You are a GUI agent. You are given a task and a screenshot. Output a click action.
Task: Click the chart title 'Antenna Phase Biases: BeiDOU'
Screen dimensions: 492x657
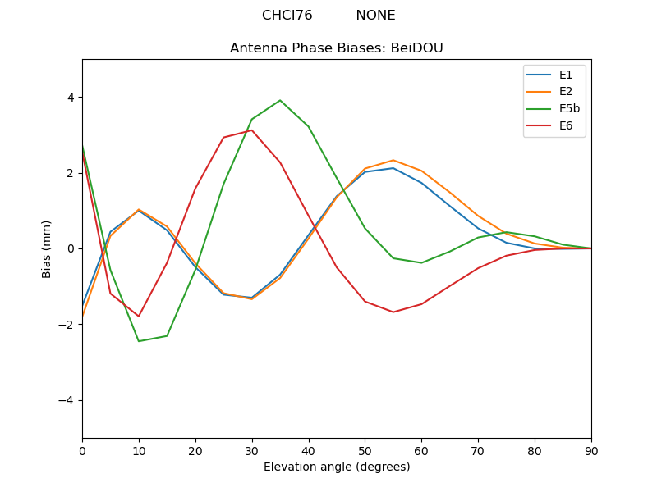336,48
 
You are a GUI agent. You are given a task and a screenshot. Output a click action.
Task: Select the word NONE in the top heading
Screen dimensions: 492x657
375,16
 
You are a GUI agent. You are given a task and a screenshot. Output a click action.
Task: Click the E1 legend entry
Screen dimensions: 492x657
565,75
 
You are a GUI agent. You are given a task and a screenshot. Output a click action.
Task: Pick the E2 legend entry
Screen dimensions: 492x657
565,92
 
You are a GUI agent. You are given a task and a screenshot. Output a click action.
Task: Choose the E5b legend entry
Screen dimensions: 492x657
569,109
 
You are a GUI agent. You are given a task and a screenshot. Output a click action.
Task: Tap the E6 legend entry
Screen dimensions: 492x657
565,126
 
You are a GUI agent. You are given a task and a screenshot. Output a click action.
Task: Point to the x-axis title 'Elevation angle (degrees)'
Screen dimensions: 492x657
336,467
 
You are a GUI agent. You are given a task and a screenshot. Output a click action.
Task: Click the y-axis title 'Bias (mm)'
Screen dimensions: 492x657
47,248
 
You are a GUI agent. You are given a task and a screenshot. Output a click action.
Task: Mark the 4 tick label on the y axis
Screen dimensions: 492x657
71,98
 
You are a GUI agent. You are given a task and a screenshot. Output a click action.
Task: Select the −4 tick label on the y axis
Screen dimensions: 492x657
67,400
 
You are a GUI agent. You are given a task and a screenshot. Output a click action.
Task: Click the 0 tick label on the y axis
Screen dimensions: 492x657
71,248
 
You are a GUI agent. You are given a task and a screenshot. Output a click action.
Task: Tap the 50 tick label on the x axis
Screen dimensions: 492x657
365,450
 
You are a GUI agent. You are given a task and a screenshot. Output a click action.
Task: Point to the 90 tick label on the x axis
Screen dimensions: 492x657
591,450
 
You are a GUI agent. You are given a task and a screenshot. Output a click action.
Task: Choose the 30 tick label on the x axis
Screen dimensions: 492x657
251,450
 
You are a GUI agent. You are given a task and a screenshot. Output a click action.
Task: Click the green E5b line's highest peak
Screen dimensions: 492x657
280,100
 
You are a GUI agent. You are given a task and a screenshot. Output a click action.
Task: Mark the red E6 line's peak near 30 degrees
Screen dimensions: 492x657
251,130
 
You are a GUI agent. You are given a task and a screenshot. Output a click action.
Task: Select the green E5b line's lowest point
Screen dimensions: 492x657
139,341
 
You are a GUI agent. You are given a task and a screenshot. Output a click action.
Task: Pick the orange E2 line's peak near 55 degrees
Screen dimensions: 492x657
393,160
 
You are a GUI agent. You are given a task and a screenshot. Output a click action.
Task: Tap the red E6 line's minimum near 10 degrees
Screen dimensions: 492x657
139,317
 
